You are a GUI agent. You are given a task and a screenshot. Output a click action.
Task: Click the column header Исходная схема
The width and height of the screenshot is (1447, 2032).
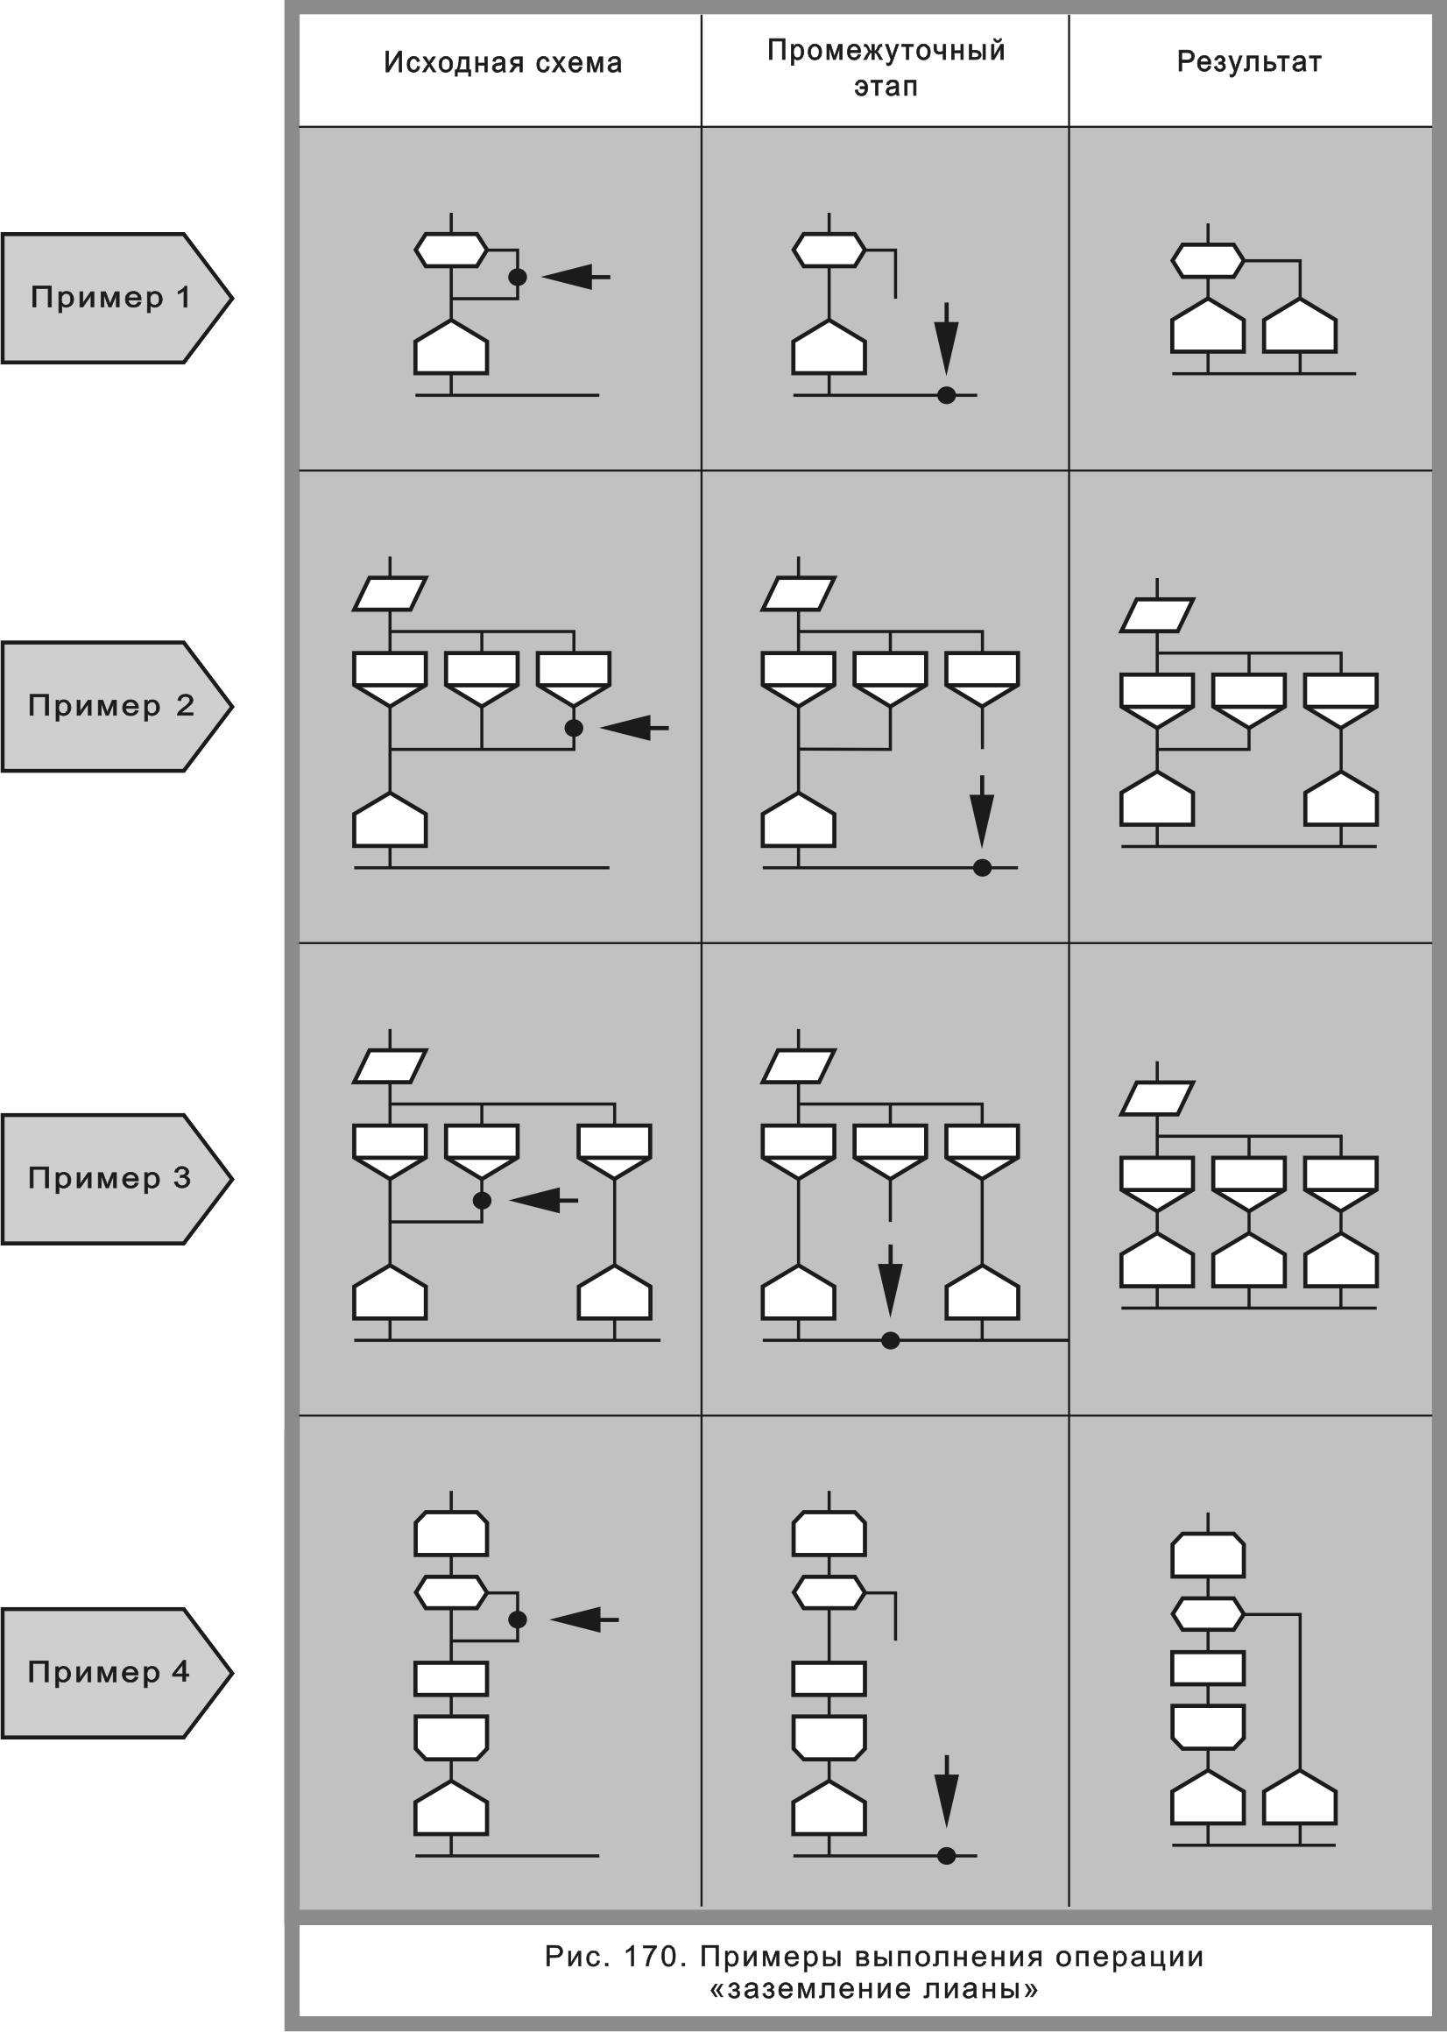pyautogui.click(x=503, y=62)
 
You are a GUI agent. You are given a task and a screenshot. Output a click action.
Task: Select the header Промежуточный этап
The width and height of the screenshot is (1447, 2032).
pyautogui.click(x=886, y=67)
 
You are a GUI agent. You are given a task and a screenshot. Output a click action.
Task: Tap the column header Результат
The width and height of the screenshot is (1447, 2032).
pyautogui.click(x=1248, y=61)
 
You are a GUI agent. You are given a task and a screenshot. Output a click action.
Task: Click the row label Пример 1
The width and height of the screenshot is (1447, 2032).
pyautogui.click(x=110, y=298)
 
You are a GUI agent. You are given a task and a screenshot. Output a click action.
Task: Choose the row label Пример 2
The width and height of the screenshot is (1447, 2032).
pyautogui.click(x=110, y=706)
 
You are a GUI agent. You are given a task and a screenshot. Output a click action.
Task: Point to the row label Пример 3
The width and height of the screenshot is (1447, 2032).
pyautogui.click(x=109, y=1178)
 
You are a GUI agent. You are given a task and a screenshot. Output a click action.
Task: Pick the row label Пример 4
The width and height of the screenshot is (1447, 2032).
pyautogui.click(x=109, y=1672)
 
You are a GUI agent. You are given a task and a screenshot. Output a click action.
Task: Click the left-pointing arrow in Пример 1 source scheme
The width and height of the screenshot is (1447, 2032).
pyautogui.click(x=575, y=277)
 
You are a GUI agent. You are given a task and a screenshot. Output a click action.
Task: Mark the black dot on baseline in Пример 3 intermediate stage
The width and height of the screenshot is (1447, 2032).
pyautogui.click(x=890, y=1340)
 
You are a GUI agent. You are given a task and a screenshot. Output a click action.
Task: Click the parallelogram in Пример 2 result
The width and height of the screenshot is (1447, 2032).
pyautogui.click(x=1156, y=615)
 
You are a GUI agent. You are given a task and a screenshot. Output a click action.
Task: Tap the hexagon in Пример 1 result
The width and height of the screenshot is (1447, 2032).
pyautogui.click(x=1207, y=261)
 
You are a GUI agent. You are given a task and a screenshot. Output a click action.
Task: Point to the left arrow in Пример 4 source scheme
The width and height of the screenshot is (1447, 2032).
pyautogui.click(x=583, y=1619)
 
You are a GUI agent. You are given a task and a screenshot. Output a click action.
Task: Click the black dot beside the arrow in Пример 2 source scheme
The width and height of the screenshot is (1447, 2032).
pyautogui.click(x=574, y=728)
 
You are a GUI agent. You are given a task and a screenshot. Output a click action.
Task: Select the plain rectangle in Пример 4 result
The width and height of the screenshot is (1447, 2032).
pyautogui.click(x=1207, y=1668)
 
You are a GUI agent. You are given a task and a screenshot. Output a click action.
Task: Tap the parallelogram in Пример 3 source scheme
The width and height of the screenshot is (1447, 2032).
pyautogui.click(x=391, y=1065)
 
